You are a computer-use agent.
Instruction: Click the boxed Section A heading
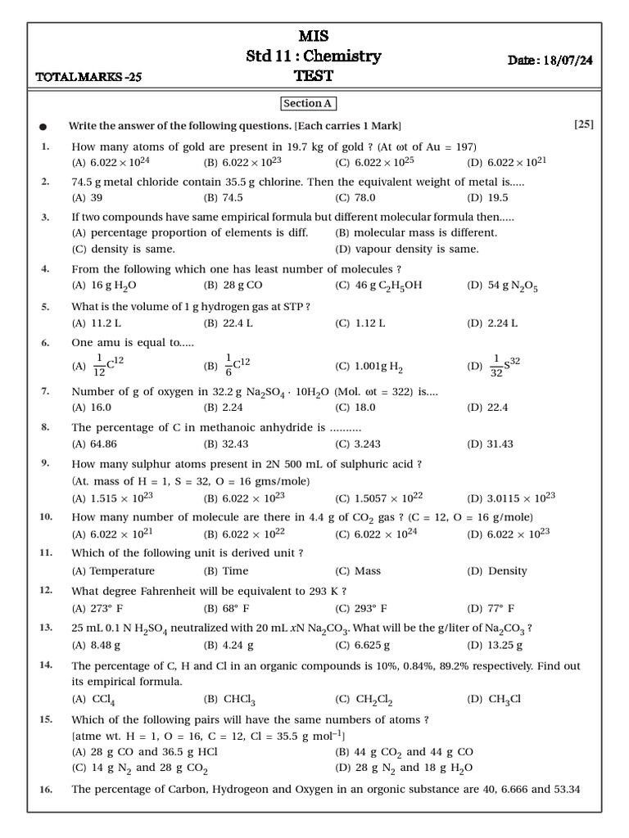(x=308, y=104)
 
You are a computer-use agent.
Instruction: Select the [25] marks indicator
(x=584, y=124)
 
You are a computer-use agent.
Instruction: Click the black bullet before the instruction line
(x=43, y=127)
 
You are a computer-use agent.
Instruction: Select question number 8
(x=45, y=427)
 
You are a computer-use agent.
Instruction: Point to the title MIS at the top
(x=314, y=38)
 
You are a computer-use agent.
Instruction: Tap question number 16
(x=46, y=789)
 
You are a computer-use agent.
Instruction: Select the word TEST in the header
(x=314, y=77)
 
